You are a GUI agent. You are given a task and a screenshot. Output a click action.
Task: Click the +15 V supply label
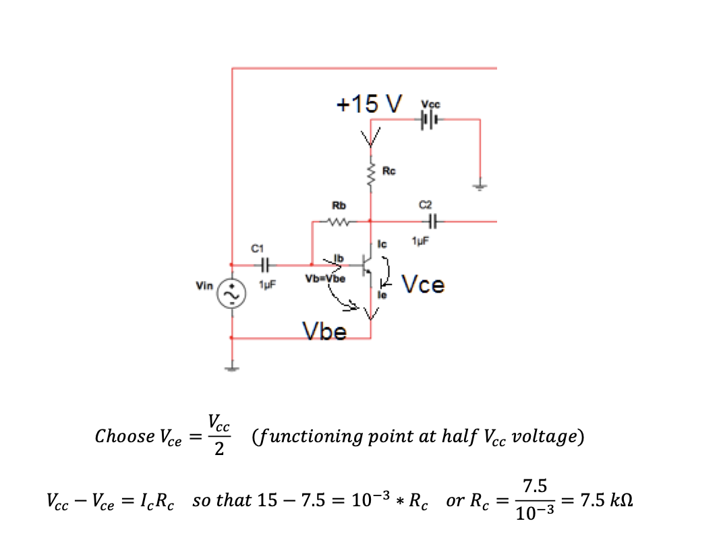coord(369,104)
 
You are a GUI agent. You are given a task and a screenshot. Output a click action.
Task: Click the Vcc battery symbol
coord(429,121)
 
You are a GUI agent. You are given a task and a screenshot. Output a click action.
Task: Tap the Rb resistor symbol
coord(339,222)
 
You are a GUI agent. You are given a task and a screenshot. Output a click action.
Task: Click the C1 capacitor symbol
coord(265,264)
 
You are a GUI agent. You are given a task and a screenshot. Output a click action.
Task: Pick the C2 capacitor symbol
coord(432,220)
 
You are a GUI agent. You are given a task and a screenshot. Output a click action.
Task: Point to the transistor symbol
coord(366,264)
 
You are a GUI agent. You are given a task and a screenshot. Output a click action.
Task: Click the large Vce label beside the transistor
coord(423,285)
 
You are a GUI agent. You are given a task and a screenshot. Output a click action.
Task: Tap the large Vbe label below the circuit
coord(324,331)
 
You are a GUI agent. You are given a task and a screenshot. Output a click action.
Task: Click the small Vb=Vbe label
coord(326,278)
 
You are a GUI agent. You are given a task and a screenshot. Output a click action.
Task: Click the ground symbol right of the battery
coord(480,186)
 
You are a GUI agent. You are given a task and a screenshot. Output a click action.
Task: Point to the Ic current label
coord(381,244)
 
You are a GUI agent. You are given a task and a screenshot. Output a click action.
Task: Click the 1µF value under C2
coord(421,241)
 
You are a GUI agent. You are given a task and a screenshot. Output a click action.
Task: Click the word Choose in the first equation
coord(125,436)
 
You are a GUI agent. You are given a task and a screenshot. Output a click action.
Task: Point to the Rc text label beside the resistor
coord(389,171)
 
